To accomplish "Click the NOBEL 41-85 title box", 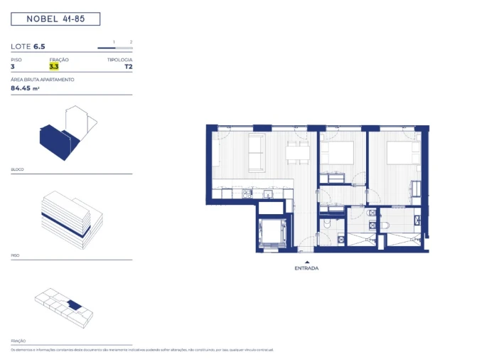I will point(55,19).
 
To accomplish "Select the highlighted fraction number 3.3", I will point(53,67).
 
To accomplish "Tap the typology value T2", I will point(128,67).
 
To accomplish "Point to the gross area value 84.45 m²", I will point(26,89).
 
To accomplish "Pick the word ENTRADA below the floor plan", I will point(307,268).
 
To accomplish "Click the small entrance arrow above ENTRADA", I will point(307,261).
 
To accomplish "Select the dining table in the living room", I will point(298,151).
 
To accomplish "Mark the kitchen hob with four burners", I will point(247,193).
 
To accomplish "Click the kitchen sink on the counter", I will point(270,193).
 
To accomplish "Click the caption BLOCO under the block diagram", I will point(17,169).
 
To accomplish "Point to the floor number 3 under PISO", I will point(13,67).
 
